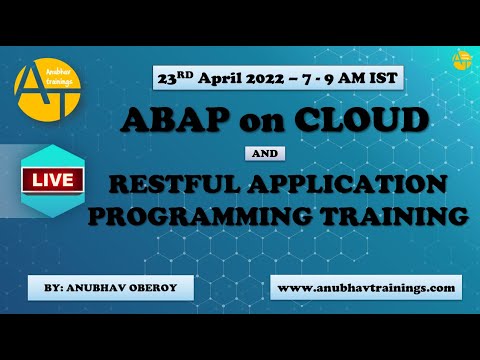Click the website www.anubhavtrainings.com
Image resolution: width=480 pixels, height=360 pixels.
click(x=365, y=287)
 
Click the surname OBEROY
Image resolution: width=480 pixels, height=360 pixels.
click(x=161, y=288)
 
